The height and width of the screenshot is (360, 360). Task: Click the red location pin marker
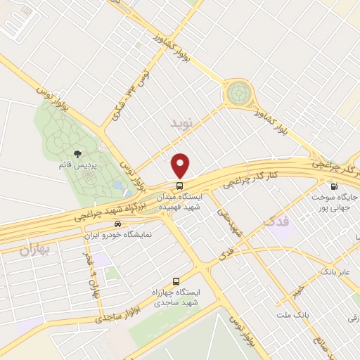point(181,165)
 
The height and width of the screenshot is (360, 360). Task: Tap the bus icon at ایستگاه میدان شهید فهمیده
point(181,186)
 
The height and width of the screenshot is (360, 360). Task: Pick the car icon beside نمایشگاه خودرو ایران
point(117,223)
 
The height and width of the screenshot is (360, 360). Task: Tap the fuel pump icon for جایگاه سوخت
point(333,186)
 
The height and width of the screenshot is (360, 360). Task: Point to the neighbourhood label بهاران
point(32,250)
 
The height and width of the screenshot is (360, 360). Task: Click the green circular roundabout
point(238,93)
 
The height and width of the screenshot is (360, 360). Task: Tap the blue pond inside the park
point(117,187)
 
